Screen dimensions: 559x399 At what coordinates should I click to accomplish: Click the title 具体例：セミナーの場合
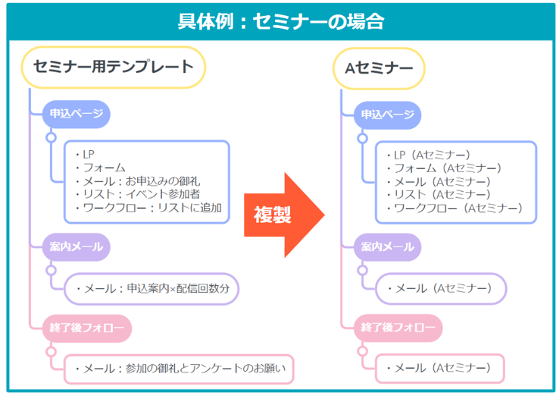point(281,21)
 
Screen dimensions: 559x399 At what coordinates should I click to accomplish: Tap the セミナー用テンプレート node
point(114,67)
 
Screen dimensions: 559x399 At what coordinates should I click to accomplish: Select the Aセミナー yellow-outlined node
point(379,68)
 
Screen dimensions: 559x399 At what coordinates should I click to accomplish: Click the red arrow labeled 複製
point(284,215)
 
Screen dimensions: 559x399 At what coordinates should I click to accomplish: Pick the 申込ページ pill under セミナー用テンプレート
point(77,114)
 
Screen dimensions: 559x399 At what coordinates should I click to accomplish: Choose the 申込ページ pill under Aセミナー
point(388,115)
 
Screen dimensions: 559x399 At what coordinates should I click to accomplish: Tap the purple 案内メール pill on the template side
point(77,247)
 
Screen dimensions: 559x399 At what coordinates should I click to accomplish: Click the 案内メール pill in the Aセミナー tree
point(388,247)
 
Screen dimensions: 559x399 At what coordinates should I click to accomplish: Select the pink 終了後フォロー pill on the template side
point(87,328)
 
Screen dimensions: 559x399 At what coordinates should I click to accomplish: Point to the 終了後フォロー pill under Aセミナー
point(398,328)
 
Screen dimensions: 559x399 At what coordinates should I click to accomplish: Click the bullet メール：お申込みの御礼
point(138,181)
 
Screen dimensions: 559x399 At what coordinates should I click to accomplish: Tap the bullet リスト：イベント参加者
point(138,194)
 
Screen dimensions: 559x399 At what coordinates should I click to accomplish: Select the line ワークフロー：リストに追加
point(148,208)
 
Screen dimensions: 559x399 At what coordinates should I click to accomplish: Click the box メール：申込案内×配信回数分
point(151,289)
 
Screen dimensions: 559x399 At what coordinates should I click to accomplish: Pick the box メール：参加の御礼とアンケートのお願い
point(179,369)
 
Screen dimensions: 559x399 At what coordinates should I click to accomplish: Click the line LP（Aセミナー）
point(429,155)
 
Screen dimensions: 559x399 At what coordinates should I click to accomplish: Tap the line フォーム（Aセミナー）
point(444,168)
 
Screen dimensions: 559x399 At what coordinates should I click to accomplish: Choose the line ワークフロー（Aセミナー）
point(454,208)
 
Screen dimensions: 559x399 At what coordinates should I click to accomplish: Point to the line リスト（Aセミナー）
point(439,194)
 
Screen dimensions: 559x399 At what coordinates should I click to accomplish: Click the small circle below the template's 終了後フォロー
point(51,352)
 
